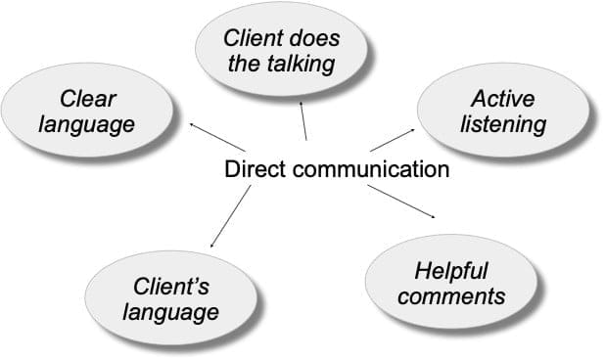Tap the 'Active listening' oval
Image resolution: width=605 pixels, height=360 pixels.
pyautogui.click(x=503, y=112)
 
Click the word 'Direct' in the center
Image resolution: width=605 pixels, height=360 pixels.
pyautogui.click(x=253, y=169)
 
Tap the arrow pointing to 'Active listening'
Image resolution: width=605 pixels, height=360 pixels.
pyautogui.click(x=392, y=139)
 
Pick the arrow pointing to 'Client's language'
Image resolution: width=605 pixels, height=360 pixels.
pyautogui.click(x=230, y=217)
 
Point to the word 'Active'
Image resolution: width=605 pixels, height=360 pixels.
pyautogui.click(x=503, y=99)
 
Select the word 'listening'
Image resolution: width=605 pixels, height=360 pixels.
pyautogui.click(x=503, y=124)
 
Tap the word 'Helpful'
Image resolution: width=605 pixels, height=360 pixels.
pyautogui.click(x=451, y=269)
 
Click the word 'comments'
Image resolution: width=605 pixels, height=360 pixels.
pyautogui.click(x=451, y=294)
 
